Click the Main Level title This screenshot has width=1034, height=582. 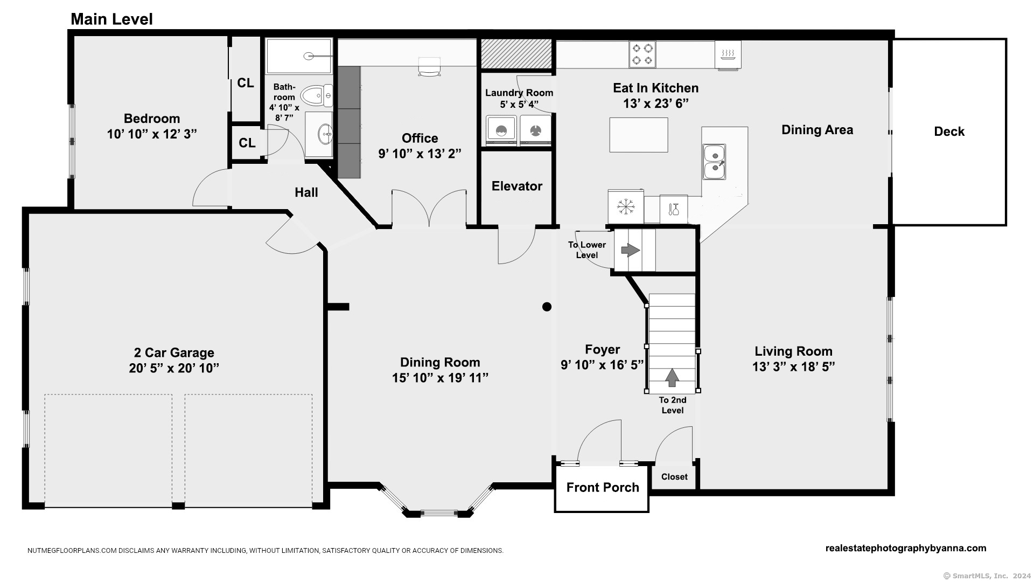tap(111, 19)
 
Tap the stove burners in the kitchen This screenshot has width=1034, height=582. tap(642, 54)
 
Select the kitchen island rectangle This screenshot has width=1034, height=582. tap(639, 135)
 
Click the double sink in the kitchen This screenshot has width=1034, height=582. tap(714, 162)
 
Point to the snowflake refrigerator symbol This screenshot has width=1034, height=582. tap(626, 206)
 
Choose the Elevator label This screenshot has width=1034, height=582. tap(517, 186)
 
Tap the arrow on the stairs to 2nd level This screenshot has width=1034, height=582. tap(672, 377)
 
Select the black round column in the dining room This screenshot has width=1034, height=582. tap(547, 307)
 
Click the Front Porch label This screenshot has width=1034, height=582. tap(603, 487)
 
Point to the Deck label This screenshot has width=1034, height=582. tap(949, 131)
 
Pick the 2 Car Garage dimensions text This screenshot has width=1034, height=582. tap(174, 368)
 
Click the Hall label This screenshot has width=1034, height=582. tap(306, 192)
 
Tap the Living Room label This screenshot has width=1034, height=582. tap(793, 351)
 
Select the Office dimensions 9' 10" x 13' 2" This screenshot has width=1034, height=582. tap(420, 154)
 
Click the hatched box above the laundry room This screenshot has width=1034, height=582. tap(516, 53)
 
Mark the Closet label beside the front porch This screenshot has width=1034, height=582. tap(674, 477)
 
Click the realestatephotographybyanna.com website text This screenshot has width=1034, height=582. tap(906, 548)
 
